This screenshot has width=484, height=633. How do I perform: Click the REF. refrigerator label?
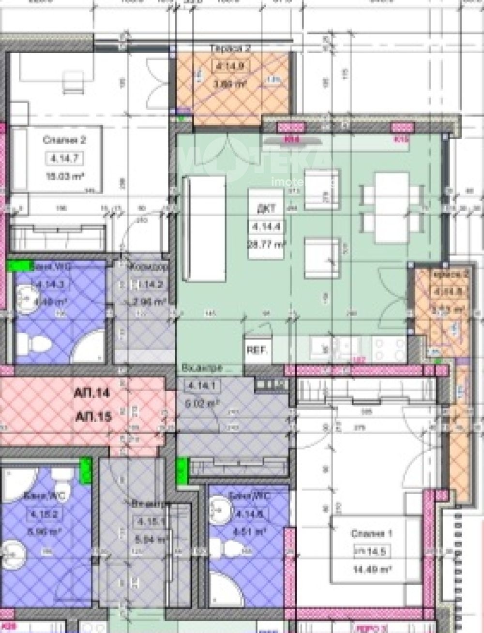coord(257,351)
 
